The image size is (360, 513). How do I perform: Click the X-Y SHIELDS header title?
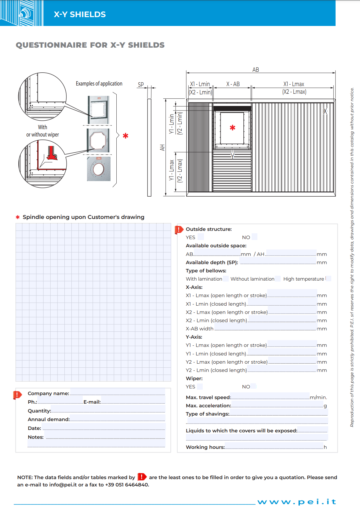(x=80, y=14)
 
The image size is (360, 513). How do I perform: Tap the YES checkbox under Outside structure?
(x=201, y=237)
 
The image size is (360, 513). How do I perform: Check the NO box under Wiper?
(x=253, y=386)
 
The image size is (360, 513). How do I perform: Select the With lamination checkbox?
(x=226, y=278)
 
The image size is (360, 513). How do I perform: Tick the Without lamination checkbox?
(x=278, y=278)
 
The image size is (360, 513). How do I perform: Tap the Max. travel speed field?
(x=270, y=396)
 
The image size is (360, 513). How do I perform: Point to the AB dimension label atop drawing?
(x=256, y=70)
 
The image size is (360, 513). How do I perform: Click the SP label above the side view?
(x=141, y=85)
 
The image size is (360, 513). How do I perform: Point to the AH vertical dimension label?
(x=162, y=147)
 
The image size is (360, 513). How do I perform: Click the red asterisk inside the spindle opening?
(x=233, y=128)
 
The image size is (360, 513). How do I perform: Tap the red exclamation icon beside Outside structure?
(x=179, y=229)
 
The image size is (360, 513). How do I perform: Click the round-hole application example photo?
(x=99, y=169)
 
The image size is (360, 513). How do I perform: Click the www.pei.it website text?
(x=296, y=502)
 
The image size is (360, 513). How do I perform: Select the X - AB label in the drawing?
(x=233, y=84)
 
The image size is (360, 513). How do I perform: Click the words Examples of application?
(x=99, y=83)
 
